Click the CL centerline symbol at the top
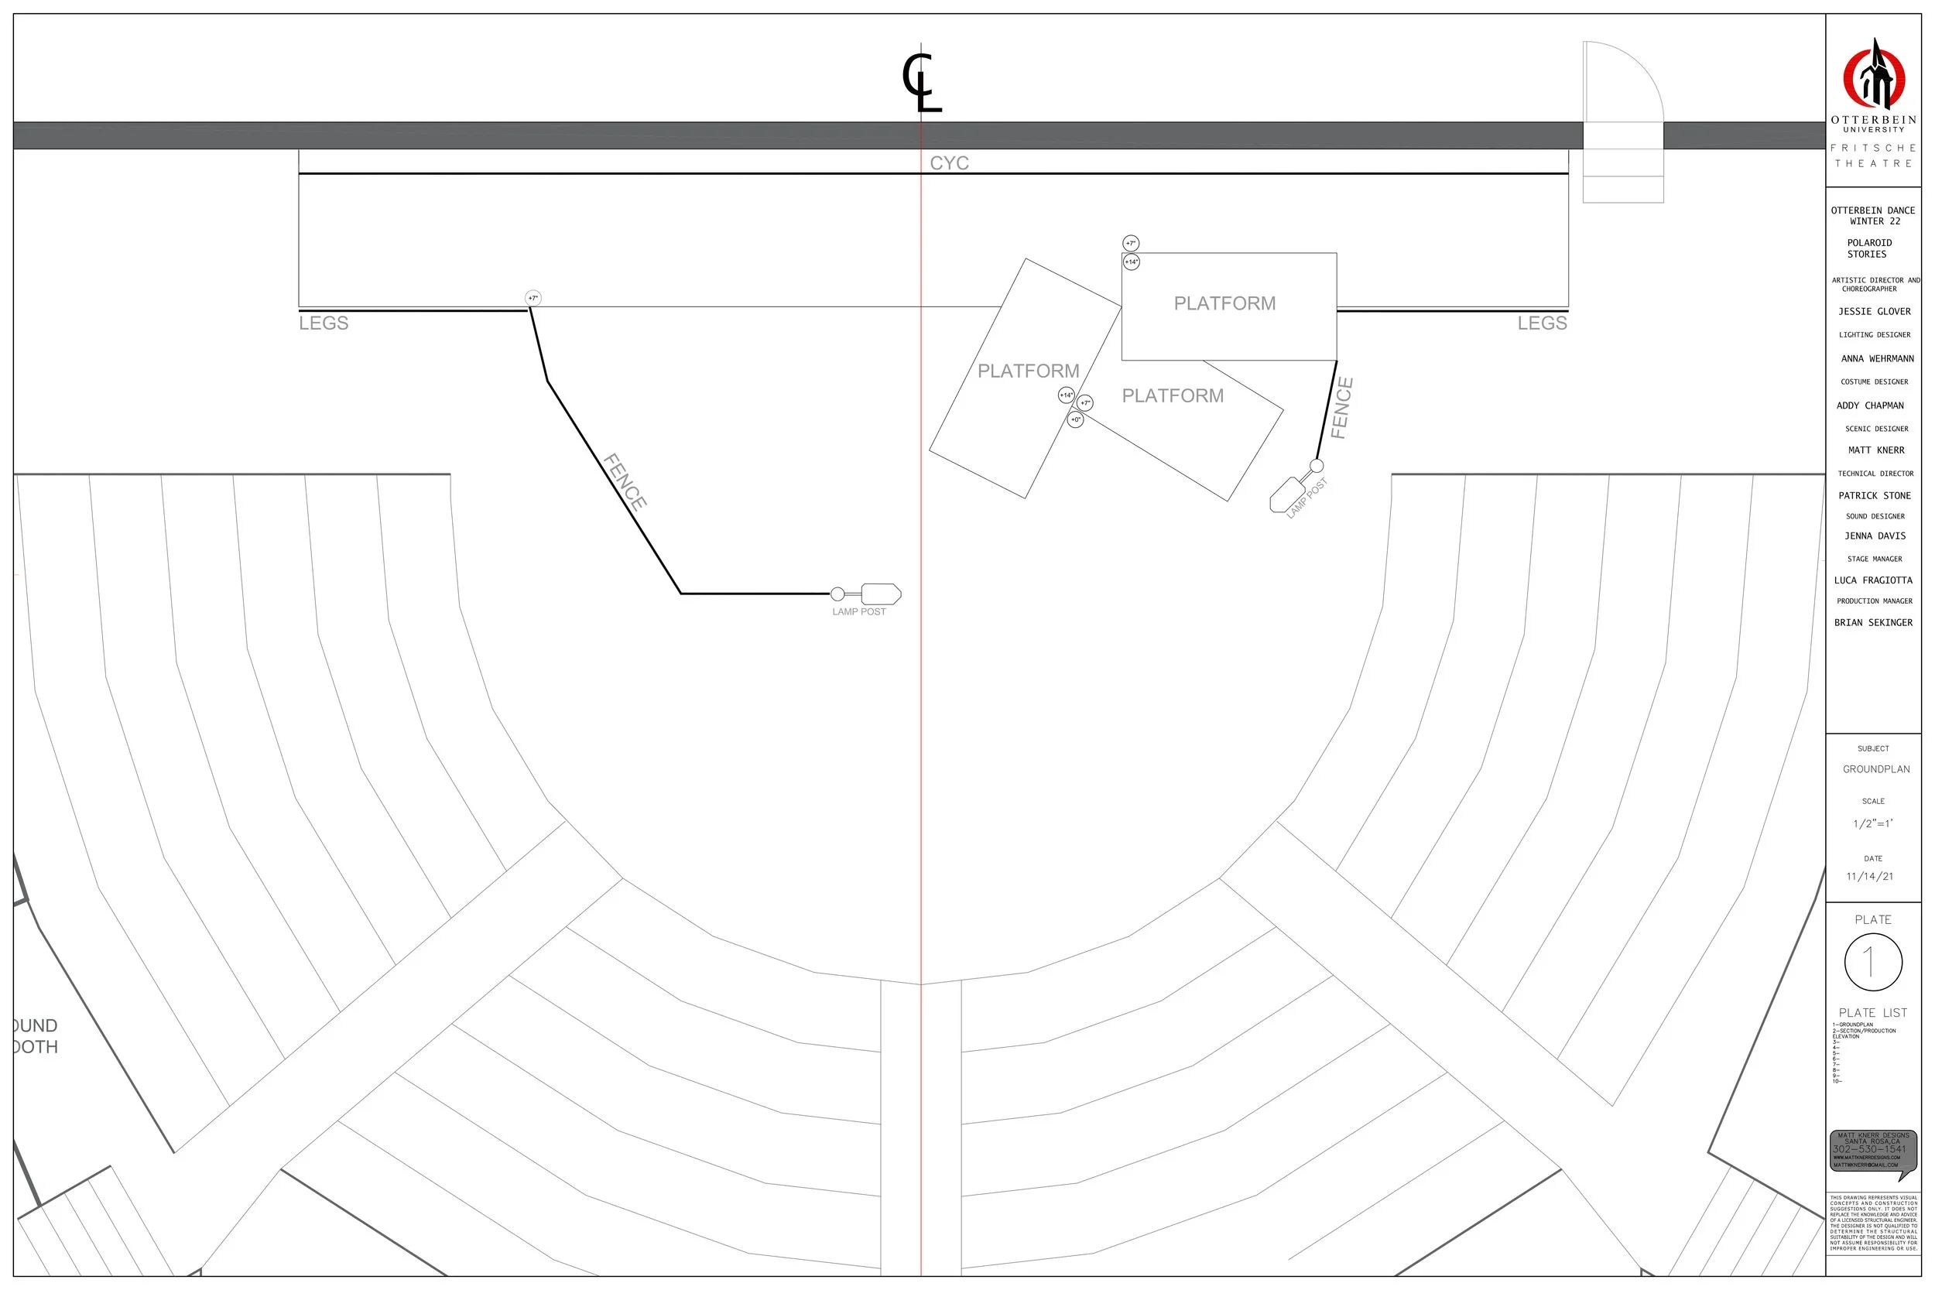921,82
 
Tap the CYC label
949,163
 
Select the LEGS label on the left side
324,323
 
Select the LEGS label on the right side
1542,323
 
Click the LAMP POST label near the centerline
858,612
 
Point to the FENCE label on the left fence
625,482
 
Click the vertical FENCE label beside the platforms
1341,408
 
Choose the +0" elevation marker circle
1075,420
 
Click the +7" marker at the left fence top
533,299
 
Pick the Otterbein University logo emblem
1873,76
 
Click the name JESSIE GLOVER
1874,312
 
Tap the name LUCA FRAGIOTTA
1872,581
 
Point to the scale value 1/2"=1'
1872,823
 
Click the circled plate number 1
1873,962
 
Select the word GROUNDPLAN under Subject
1875,769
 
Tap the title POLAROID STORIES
1869,248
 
